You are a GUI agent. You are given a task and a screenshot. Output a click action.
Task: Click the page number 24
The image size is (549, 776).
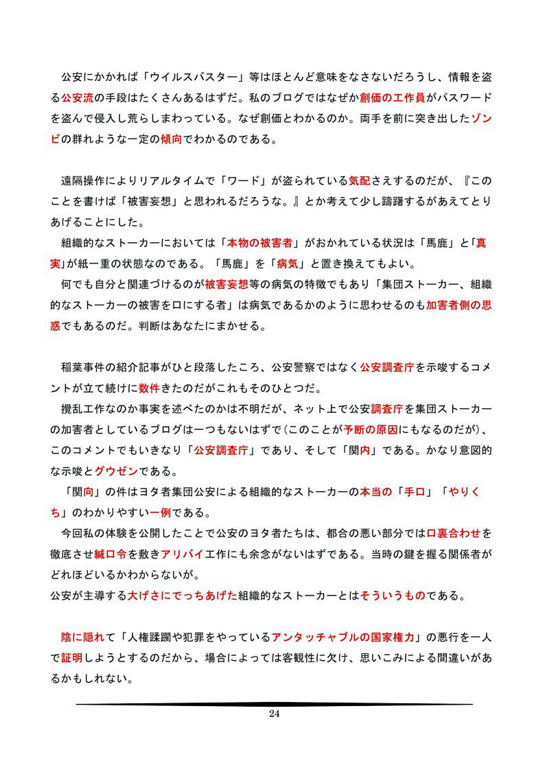point(274,714)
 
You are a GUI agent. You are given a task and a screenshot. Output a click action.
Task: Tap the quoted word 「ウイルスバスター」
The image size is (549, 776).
point(189,77)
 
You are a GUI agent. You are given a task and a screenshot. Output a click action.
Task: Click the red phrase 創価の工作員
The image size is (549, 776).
point(393,97)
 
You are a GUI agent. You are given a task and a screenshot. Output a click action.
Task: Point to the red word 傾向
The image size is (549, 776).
point(171,140)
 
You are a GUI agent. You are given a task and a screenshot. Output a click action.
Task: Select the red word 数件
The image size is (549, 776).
point(149,388)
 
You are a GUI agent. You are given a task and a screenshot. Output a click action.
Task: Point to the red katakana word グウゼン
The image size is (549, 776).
point(116,471)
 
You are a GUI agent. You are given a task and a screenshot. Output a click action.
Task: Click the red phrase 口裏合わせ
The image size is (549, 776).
point(459,533)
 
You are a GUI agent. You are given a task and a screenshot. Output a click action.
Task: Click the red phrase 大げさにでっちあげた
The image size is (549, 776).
point(182,596)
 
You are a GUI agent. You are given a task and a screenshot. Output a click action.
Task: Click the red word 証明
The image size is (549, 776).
point(72,658)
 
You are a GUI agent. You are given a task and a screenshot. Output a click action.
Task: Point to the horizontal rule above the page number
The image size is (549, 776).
point(274,704)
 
